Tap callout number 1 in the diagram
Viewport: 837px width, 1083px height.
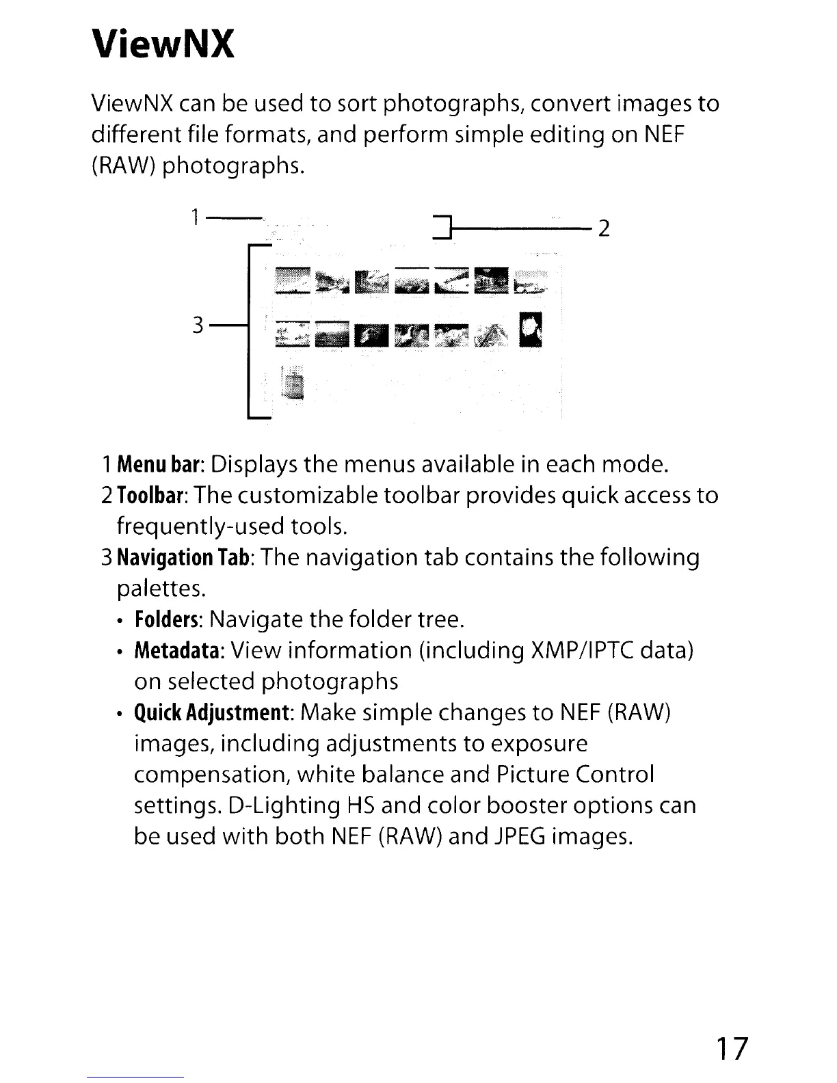click(x=195, y=218)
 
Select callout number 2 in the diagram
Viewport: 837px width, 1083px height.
click(x=603, y=228)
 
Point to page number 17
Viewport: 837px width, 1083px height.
click(x=732, y=1047)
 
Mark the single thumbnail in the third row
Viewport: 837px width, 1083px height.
click(x=295, y=384)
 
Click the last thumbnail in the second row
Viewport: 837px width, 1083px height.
click(x=532, y=330)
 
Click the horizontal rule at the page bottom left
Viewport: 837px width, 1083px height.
click(x=136, y=1077)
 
